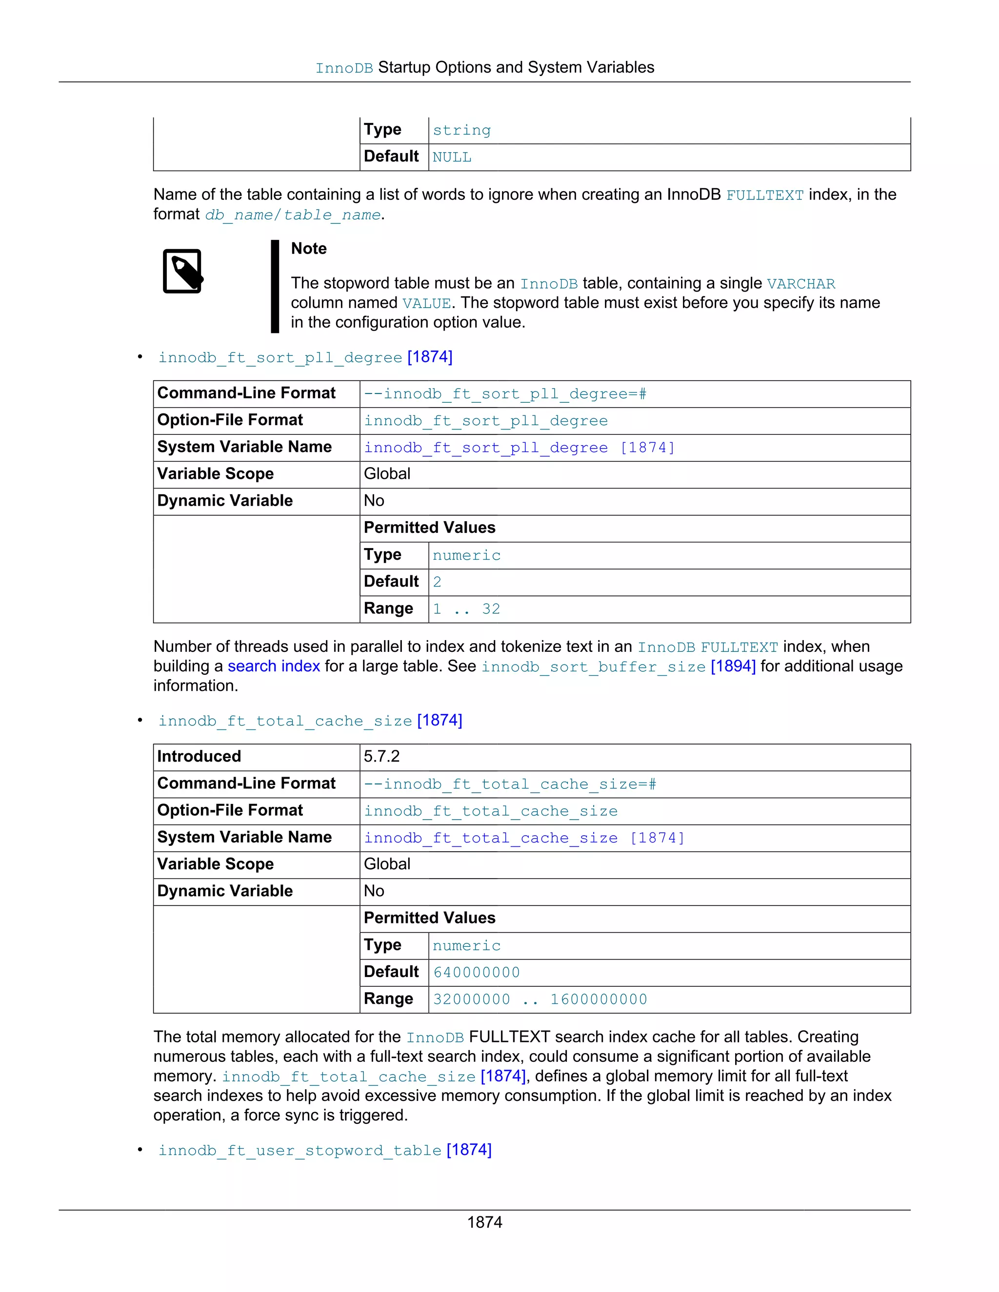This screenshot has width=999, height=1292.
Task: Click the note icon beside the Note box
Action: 182,271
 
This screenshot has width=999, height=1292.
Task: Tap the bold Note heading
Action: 308,249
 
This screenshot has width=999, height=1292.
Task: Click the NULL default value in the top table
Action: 452,157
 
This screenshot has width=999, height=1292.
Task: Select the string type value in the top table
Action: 461,130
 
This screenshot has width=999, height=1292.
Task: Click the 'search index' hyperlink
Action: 274,666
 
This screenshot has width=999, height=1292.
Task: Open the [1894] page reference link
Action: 733,666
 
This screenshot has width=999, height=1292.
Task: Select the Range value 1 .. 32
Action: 466,609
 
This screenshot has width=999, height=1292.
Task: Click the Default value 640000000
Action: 477,972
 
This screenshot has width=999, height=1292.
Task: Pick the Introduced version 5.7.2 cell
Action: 382,756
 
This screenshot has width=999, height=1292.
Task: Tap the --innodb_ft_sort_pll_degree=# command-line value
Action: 505,394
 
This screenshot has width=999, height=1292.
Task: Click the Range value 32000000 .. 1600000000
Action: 540,999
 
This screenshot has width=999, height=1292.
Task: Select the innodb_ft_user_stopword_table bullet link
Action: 300,1150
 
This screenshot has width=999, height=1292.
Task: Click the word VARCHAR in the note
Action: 801,284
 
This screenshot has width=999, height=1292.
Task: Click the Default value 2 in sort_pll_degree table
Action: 437,582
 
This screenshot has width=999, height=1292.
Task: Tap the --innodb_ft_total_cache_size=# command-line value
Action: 510,784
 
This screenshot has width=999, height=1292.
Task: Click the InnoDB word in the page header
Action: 344,68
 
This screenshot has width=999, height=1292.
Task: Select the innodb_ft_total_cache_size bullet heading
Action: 285,721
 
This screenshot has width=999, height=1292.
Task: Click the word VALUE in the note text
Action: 426,303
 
